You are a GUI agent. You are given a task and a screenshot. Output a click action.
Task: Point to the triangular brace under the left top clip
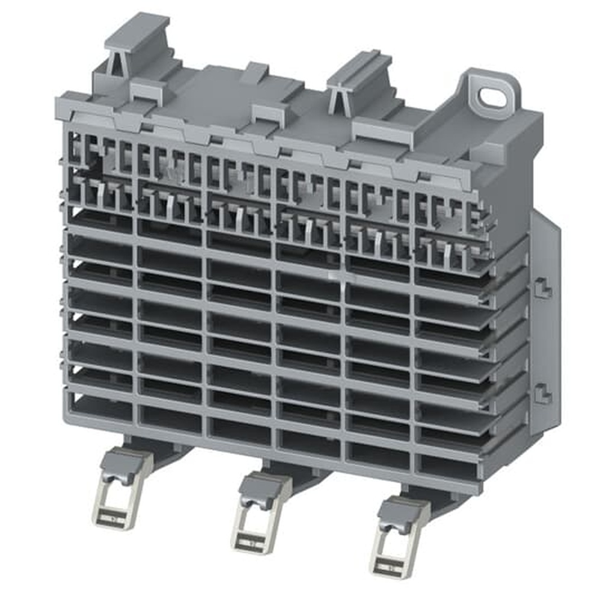pos(116,64)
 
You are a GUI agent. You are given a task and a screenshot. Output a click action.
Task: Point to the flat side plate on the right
pos(545,337)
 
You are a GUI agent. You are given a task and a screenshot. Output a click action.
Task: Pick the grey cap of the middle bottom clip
pos(265,485)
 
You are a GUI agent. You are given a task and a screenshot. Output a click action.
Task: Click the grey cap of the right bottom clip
pos(403,509)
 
